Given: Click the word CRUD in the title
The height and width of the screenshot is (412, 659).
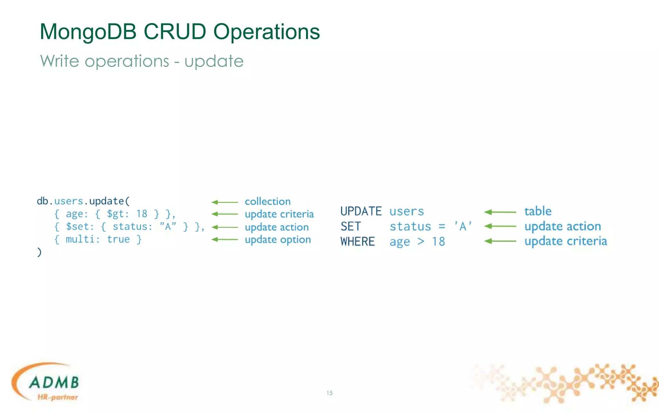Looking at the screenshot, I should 174,32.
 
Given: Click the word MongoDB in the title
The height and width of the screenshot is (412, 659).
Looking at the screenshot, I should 88,32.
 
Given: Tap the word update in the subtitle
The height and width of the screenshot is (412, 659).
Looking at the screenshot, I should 214,61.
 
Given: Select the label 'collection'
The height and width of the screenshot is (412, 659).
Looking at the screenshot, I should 267,201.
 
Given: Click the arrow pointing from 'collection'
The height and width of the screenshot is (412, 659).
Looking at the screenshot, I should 225,202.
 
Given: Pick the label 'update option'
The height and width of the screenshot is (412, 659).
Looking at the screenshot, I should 278,240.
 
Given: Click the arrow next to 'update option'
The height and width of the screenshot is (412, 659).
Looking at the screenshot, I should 225,239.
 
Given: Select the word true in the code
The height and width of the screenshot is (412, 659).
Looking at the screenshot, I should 118,239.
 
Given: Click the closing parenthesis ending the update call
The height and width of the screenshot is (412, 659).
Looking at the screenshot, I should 39,252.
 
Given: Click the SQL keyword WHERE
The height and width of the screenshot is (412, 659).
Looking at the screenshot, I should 357,242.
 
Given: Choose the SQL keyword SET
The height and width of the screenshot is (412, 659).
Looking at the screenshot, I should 350,227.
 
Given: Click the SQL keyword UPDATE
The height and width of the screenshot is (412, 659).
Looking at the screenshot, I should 361,211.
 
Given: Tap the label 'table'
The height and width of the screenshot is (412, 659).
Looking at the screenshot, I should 538,211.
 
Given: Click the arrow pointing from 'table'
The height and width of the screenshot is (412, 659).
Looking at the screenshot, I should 500,212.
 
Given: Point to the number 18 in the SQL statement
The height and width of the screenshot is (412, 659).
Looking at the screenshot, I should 438,242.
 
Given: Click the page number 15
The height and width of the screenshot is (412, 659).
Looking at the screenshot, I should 329,393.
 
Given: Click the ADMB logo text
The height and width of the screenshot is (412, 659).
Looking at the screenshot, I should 54,382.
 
